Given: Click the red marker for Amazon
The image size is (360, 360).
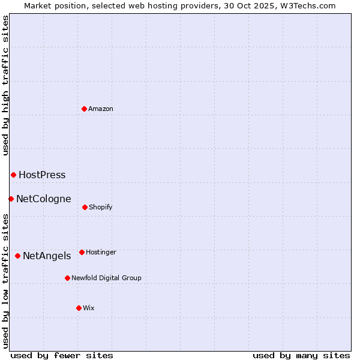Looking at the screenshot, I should [85, 109].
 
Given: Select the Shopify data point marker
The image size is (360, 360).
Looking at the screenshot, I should [85, 207].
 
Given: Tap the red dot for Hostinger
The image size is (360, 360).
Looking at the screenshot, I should [82, 252].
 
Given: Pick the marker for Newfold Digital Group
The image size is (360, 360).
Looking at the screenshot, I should [67, 278].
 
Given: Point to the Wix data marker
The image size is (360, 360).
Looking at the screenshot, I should [79, 308].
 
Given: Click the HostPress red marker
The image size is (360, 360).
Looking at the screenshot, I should [13, 175].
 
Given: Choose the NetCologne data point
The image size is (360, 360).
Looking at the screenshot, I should [11, 199].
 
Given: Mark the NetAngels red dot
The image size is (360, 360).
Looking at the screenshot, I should [17, 256].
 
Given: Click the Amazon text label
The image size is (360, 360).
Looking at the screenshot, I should [101, 109].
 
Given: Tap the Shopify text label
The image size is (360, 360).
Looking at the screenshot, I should [101, 208].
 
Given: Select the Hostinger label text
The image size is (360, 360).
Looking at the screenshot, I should [101, 253].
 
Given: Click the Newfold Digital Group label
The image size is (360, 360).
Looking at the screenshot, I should [106, 278].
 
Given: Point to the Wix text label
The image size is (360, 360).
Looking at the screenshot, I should [89, 308].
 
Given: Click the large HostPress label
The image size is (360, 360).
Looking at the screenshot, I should [42, 175].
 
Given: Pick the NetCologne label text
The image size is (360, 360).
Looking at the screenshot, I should [43, 199].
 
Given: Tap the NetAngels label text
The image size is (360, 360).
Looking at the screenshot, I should [47, 256].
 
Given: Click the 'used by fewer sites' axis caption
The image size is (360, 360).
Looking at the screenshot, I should [62, 355].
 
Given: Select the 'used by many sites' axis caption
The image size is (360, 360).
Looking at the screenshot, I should [301, 355].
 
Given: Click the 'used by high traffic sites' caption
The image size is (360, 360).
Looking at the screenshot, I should [5, 85].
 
